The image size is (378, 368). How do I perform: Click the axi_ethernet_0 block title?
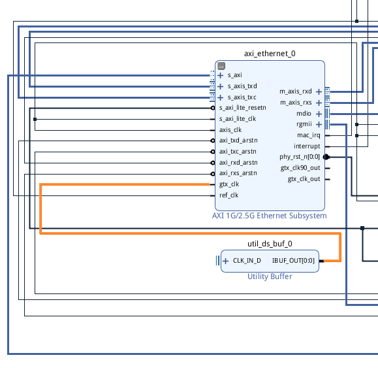click(x=270, y=54)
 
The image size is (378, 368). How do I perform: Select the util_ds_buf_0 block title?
click(x=270, y=244)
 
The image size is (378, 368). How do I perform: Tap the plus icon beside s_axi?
click(x=221, y=75)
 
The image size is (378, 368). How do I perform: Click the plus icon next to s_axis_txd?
click(x=221, y=86)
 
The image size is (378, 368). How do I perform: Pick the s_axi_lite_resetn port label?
click(x=242, y=108)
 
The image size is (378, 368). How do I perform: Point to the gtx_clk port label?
click(x=229, y=184)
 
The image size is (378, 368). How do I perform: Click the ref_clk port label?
click(x=228, y=195)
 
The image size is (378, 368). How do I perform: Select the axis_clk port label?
click(x=230, y=130)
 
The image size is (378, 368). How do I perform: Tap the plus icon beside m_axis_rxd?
click(x=319, y=92)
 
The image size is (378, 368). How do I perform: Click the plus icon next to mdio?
click(x=319, y=114)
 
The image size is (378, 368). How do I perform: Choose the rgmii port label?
click(x=304, y=124)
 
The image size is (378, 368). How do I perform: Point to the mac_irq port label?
click(x=309, y=135)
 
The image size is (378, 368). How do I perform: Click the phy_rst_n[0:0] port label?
click(x=300, y=157)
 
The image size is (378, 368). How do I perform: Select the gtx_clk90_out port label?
click(x=300, y=168)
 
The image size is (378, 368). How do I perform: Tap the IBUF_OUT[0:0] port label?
click(x=293, y=261)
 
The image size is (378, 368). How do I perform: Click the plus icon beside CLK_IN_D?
click(x=225, y=261)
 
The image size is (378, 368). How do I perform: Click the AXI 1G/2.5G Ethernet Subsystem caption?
click(x=269, y=216)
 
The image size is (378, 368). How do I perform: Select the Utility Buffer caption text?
click(x=270, y=276)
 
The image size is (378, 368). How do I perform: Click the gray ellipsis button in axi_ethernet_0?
click(x=221, y=66)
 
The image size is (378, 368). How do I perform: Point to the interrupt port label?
click(x=307, y=146)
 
